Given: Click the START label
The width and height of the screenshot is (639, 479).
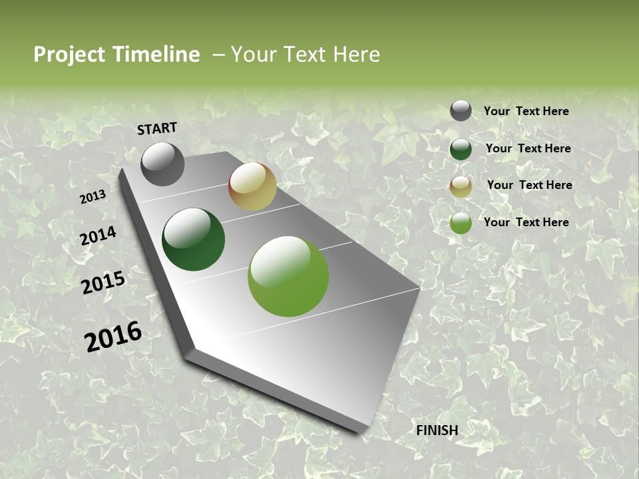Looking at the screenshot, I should tap(157, 128).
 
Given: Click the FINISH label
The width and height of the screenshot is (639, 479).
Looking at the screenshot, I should tap(437, 430).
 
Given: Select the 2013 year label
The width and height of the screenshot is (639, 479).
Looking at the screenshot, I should tap(93, 197).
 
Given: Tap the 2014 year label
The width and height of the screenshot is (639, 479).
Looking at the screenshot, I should tap(98, 236).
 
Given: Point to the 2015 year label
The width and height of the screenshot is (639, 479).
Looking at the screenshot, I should tap(103, 283).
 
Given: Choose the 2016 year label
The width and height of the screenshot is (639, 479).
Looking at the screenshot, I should tap(113, 337).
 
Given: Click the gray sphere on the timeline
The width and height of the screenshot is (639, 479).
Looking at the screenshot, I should tap(162, 164).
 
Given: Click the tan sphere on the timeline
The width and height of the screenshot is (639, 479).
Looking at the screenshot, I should tap(252, 186).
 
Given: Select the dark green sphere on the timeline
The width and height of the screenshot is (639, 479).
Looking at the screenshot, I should tap(193, 239).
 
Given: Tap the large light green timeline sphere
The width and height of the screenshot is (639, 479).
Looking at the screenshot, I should tap(288, 276).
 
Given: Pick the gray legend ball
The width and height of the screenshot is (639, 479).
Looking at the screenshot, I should tap(461, 111).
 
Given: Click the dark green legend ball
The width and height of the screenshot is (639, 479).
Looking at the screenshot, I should tap(461, 149).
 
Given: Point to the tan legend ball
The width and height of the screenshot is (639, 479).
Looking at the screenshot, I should tap(461, 186).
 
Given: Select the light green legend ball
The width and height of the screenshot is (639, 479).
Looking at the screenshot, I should tap(461, 224).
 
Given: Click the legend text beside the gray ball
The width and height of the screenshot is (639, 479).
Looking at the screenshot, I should tap(526, 111).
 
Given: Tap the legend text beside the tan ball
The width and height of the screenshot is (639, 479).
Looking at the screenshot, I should tap(529, 185).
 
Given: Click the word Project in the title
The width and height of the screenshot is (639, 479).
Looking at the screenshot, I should tap(70, 55).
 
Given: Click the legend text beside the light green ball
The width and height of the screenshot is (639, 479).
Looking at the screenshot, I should tap(526, 222).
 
